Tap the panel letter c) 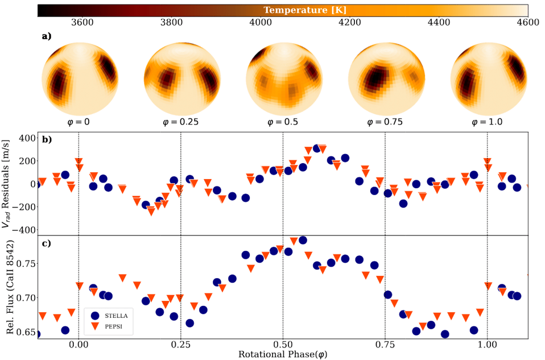46,243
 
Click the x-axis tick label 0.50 283,345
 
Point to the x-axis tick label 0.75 385,345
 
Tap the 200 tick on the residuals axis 26,160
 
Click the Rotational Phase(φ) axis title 283,354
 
